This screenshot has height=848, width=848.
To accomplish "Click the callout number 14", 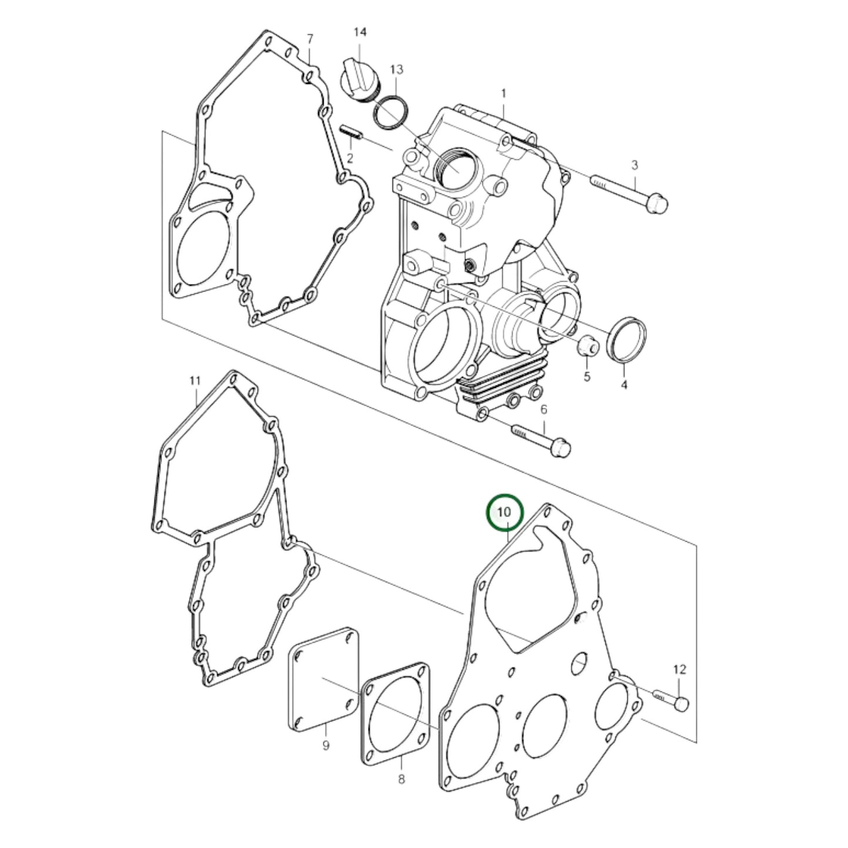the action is tap(360, 32).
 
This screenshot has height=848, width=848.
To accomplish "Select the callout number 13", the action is tap(396, 69).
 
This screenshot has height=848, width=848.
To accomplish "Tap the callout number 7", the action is tap(310, 39).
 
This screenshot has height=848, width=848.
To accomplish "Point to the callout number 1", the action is tap(504, 93).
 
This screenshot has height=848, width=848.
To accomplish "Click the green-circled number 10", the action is tap(504, 512).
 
